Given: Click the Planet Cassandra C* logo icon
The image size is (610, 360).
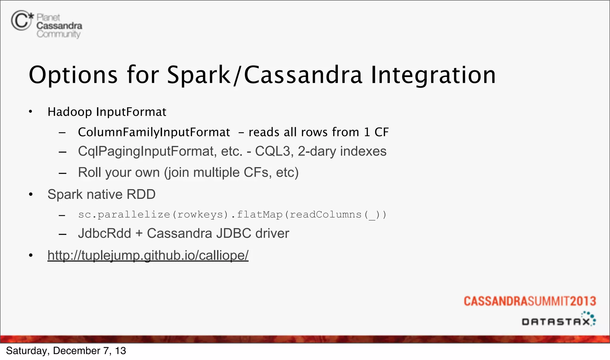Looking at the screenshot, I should (22, 20).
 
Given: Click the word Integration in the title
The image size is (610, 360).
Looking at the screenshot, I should (433, 75).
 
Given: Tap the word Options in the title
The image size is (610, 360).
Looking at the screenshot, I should (73, 75).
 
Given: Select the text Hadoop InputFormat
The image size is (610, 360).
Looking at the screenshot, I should (107, 112).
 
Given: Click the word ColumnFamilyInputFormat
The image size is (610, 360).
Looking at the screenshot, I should (154, 132).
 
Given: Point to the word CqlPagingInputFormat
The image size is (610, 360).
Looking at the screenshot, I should (146, 151).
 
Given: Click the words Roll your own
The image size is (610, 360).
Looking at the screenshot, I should (119, 172).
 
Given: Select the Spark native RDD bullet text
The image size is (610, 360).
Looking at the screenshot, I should (101, 194).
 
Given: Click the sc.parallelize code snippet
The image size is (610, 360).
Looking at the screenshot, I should (232, 215).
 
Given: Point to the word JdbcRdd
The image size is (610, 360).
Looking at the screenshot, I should (104, 233).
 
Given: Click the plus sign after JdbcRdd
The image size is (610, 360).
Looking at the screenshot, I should (139, 233).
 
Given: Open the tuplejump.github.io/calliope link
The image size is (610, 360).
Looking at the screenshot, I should (148, 255).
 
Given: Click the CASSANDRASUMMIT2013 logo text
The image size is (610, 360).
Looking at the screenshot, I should (530, 301).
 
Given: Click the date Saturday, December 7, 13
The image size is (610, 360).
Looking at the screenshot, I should (66, 351).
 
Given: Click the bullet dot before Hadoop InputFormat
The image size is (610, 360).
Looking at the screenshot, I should (30, 112).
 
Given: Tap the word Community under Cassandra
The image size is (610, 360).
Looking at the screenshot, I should (58, 34).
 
